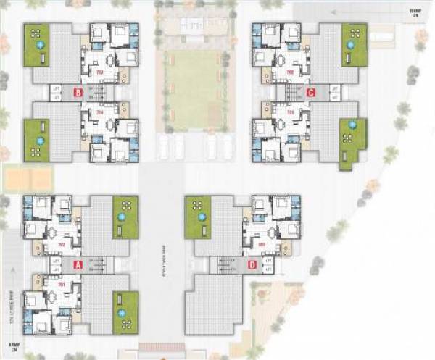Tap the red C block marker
(310, 92)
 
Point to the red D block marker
(252, 265)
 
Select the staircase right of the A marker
(99, 265)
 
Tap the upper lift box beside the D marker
(268, 261)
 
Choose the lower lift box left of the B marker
(57, 96)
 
